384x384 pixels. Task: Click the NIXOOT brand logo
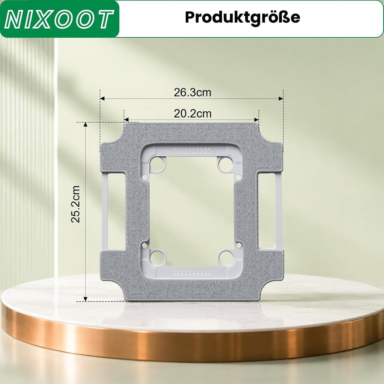click(x=59, y=19)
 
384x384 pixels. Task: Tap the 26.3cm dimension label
click(x=192, y=92)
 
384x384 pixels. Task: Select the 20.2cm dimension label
click(x=192, y=114)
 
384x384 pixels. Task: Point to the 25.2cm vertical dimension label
click(x=75, y=204)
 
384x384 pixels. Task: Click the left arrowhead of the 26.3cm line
click(x=102, y=98)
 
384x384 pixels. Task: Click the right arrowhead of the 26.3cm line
click(x=281, y=98)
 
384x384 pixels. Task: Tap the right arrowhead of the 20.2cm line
click(x=257, y=120)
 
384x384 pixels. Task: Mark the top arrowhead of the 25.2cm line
click(x=85, y=124)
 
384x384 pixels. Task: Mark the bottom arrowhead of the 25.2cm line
click(x=85, y=299)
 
